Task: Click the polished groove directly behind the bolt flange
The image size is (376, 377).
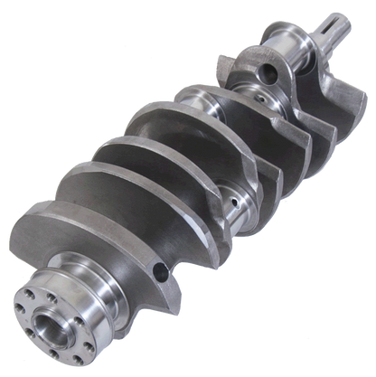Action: tap(64, 271)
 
